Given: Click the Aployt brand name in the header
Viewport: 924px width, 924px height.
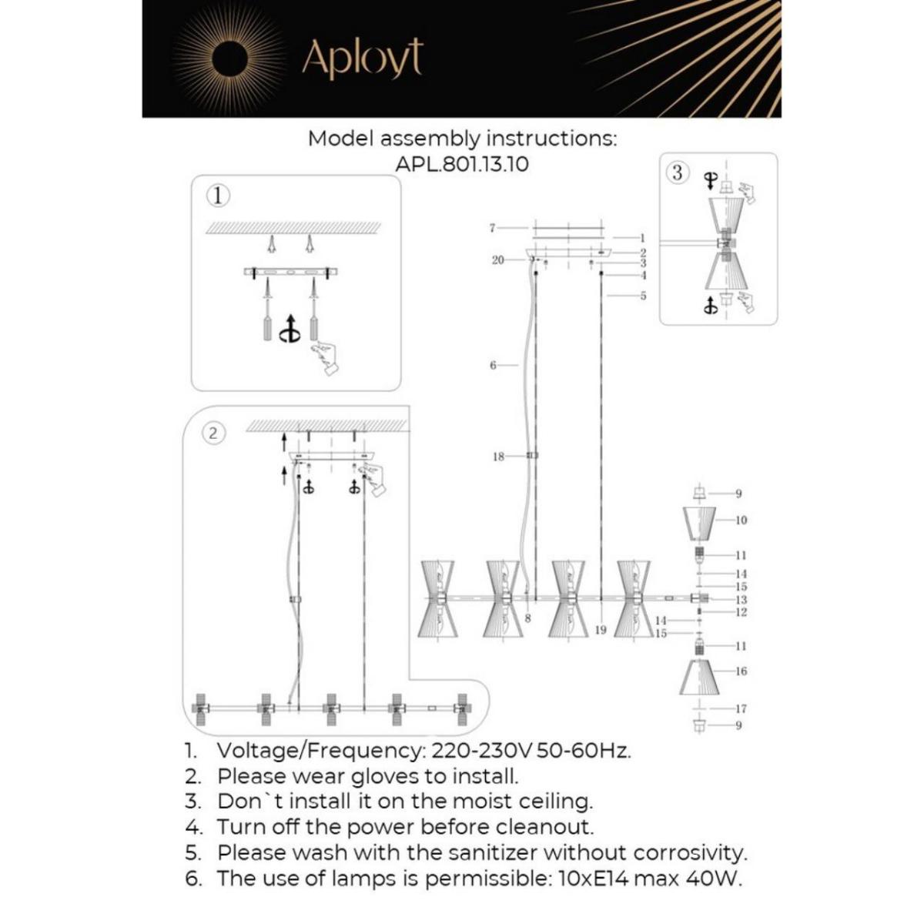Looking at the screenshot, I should [363, 58].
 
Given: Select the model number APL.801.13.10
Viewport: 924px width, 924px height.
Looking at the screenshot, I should [462, 164].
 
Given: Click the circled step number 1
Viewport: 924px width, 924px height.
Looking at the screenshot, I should [219, 196].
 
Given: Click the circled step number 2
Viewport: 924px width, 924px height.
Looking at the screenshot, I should [213, 433].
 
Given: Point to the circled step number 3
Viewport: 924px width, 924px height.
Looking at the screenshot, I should [677, 172].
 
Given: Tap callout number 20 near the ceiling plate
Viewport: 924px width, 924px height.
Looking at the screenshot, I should [497, 260].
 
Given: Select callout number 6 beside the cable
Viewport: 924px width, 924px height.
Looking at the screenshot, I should [493, 365].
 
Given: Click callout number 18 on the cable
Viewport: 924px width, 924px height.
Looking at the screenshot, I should [498, 457].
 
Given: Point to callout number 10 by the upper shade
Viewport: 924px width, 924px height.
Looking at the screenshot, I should [741, 521].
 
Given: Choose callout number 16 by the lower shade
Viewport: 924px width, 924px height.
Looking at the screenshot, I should [741, 671].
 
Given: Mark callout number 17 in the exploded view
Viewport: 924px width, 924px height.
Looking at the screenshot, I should [741, 708].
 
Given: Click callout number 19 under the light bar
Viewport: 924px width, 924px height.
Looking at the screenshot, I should [601, 630].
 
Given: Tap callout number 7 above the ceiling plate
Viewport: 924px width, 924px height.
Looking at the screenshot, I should [492, 228].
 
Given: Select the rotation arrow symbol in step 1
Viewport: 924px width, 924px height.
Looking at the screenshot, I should [290, 329].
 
